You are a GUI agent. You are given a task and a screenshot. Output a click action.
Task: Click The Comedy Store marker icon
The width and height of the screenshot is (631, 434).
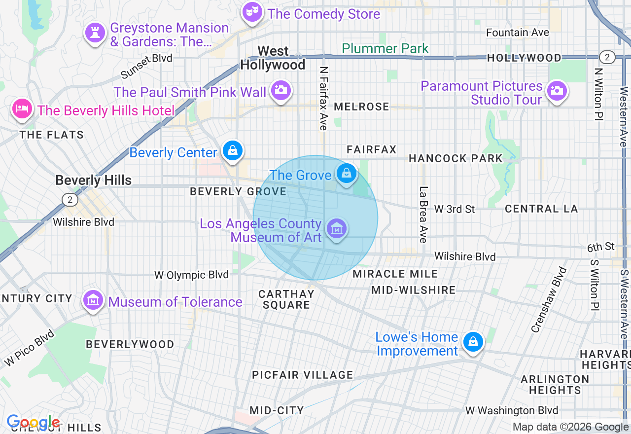(x=252, y=12)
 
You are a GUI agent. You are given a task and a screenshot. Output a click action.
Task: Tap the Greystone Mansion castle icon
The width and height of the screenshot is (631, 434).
(x=95, y=33)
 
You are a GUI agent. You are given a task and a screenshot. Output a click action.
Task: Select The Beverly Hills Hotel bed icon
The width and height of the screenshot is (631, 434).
(x=22, y=108)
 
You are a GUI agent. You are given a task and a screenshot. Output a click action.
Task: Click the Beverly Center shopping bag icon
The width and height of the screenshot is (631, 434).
(x=232, y=150)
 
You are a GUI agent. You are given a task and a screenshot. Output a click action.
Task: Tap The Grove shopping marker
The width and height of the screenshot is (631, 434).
(x=347, y=173)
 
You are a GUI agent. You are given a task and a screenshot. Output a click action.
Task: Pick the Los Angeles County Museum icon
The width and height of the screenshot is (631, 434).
(x=337, y=228)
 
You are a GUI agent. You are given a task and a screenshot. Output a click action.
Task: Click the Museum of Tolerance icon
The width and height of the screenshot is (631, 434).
(x=93, y=299)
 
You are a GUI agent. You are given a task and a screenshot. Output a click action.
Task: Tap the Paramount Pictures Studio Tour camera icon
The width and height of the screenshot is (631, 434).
(x=557, y=90)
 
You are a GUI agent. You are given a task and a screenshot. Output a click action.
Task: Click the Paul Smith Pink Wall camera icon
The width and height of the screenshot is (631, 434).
(x=281, y=90)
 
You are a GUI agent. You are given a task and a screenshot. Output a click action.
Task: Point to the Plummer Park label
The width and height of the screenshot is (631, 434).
(x=385, y=48)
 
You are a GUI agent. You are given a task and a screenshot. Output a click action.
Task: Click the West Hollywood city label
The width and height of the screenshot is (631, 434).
(x=273, y=58)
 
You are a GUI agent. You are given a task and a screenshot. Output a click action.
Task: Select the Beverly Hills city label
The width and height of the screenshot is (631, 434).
(x=93, y=180)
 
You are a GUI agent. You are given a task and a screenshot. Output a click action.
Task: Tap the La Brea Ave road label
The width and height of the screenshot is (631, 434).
(x=423, y=214)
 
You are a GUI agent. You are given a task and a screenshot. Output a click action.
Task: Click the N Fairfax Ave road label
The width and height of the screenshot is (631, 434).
(x=323, y=98)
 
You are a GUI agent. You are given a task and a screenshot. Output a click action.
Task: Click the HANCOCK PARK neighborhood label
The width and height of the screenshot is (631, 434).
(x=455, y=158)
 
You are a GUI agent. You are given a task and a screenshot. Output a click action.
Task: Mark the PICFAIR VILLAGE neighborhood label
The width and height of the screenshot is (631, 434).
(x=302, y=375)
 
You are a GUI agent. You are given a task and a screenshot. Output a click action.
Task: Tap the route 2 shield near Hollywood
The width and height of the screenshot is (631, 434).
(x=607, y=57)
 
